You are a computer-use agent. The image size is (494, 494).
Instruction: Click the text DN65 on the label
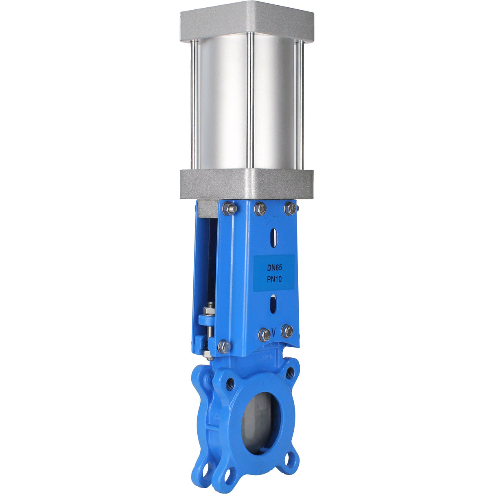pyautogui.click(x=275, y=268)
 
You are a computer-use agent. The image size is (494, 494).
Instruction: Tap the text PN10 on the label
pyautogui.click(x=275, y=279)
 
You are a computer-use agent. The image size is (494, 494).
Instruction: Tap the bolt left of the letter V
pyautogui.click(x=264, y=335)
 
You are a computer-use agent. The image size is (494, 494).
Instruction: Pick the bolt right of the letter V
pyautogui.click(x=287, y=331)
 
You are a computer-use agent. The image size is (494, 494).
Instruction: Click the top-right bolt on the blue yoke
pyautogui.click(x=290, y=209)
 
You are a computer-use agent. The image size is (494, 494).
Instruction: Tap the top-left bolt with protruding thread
pyautogui.click(x=230, y=209)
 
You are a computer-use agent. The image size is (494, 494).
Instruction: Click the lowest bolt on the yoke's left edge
pyautogui.click(x=224, y=347)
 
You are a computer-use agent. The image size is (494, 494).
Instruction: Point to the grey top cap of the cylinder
pyautogui.click(x=247, y=20)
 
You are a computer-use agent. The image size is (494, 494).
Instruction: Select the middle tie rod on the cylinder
pyautogui.click(x=250, y=102)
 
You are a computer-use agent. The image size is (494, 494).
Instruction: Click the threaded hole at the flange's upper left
pyautogui.click(x=230, y=383)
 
